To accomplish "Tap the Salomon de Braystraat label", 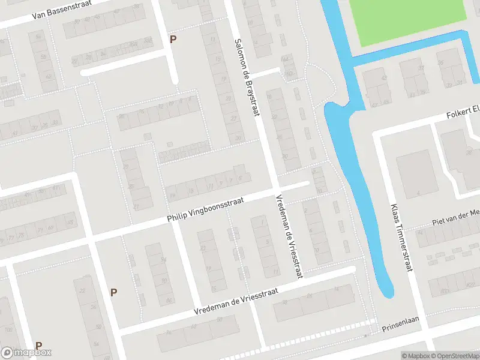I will pyautogui.click(x=248, y=80).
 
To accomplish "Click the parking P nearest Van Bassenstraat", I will pyautogui.click(x=173, y=40).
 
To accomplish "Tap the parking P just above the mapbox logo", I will pyautogui.click(x=39, y=346).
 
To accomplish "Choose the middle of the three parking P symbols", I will pyautogui.click(x=113, y=292).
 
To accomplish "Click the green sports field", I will pyautogui.click(x=414, y=21).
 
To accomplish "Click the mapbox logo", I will pyautogui.click(x=26, y=353).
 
